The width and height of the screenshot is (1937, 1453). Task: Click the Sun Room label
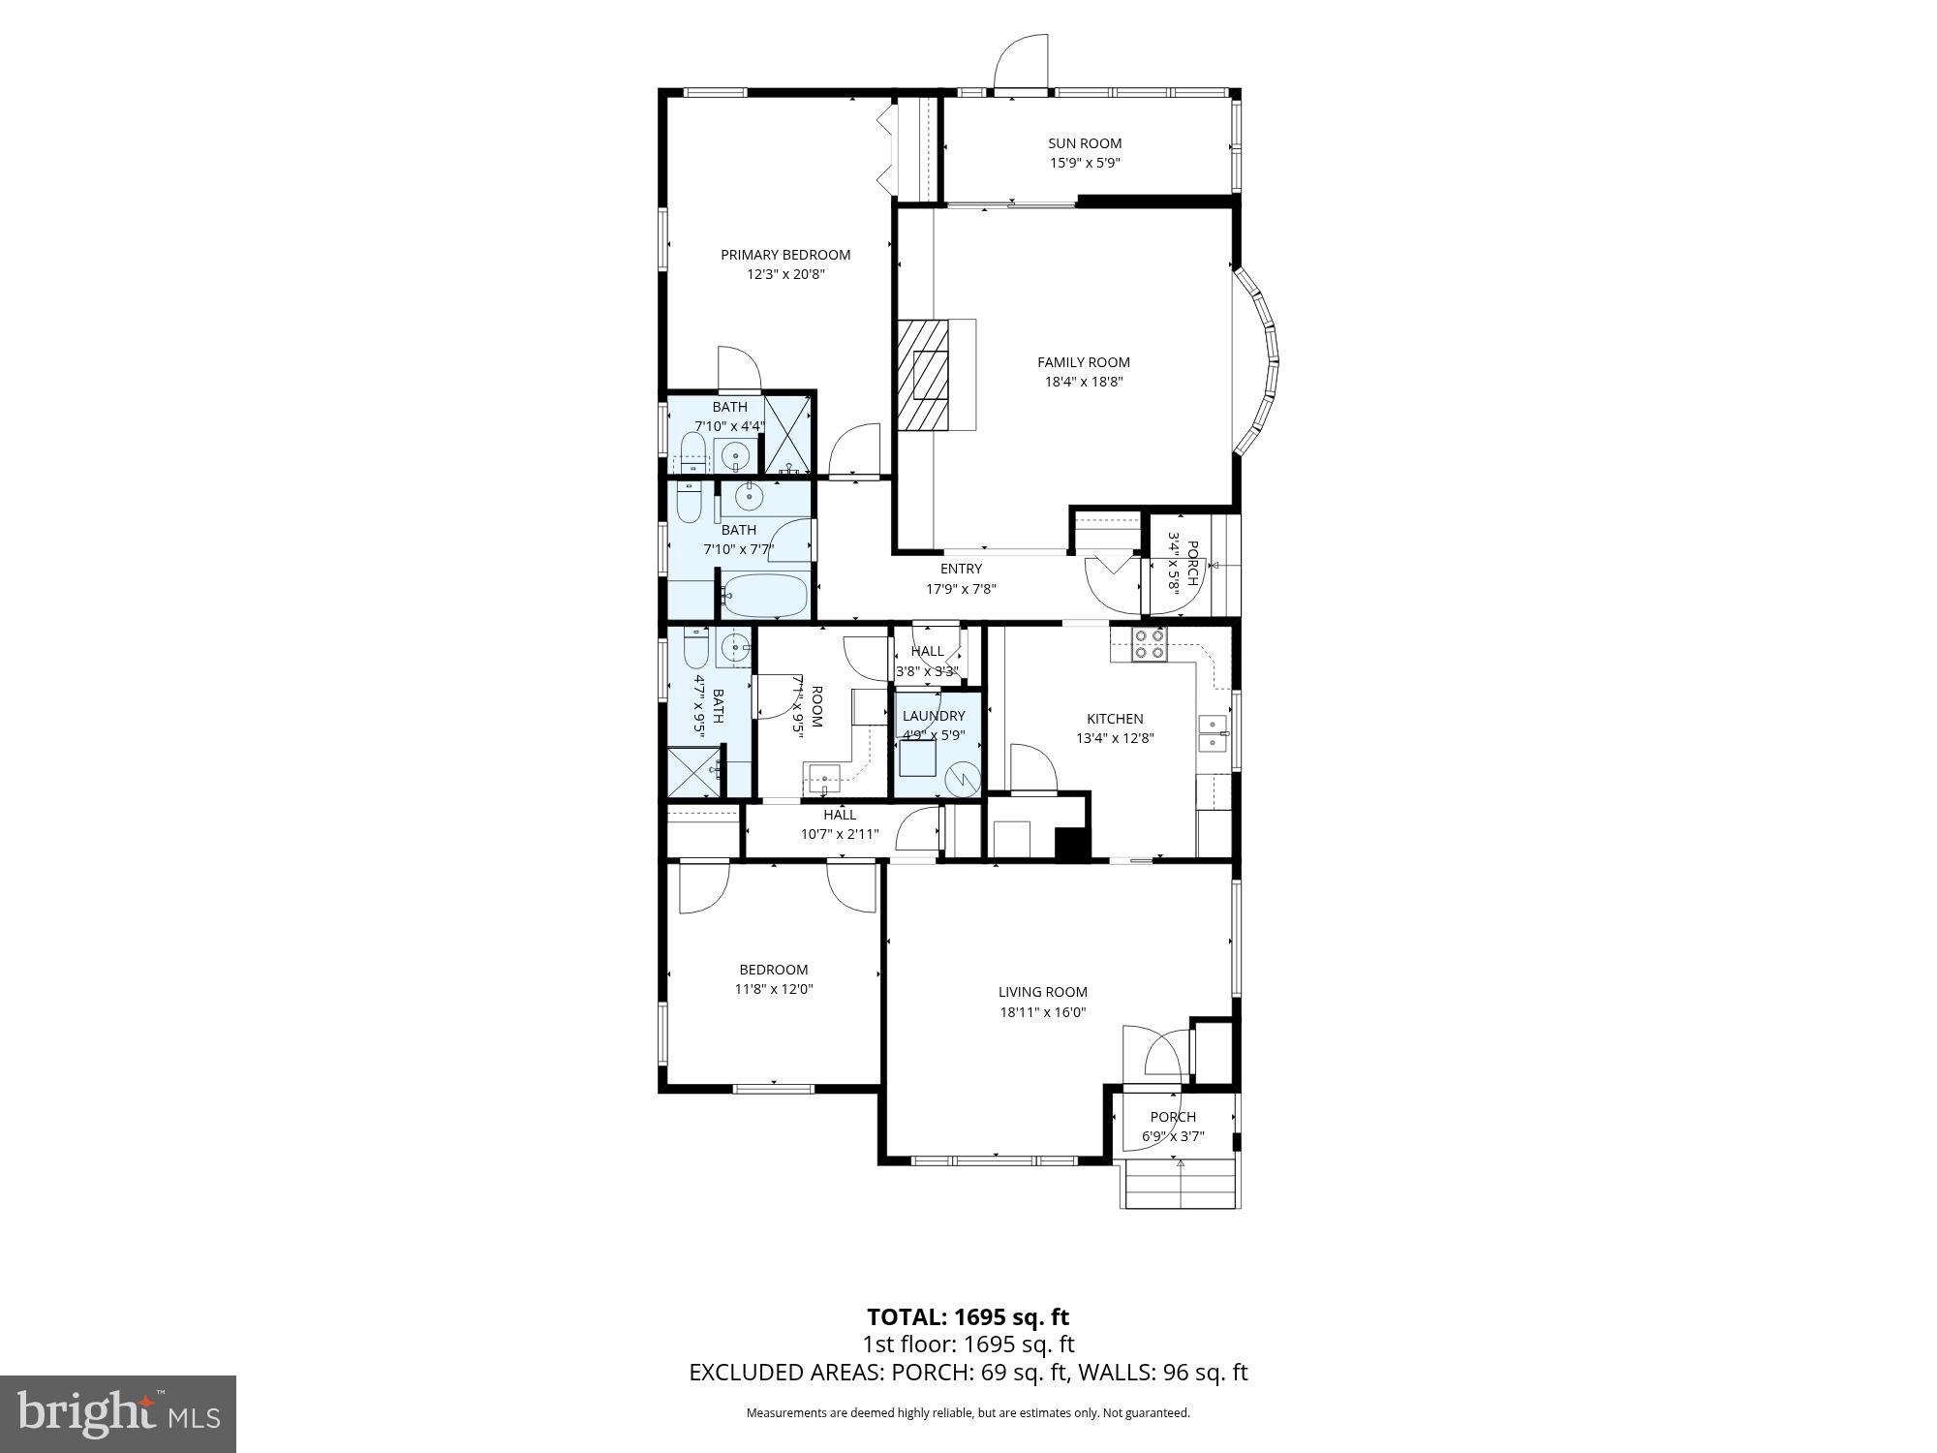pos(1085,143)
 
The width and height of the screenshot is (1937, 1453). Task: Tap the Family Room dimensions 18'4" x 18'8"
pos(1083,382)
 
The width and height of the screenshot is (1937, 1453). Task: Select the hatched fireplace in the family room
pos(923,374)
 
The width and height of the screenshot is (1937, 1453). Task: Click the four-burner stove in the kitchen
pos(1150,644)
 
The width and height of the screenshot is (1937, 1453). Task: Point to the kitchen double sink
pos(1213,733)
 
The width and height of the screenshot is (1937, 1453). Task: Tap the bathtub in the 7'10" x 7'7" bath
pos(765,596)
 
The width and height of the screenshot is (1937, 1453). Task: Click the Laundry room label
pos(934,716)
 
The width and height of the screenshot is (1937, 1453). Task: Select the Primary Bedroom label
pos(785,255)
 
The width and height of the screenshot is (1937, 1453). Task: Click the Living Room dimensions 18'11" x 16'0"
pos(1043,1012)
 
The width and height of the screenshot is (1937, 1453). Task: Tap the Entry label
pos(961,569)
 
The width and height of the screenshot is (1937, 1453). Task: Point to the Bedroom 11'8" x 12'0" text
pos(774,989)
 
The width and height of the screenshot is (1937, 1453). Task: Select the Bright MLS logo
pos(118,1414)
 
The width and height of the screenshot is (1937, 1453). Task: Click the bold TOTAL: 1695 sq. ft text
pos(968,1317)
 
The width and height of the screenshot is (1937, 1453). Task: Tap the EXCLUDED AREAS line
pos(968,1373)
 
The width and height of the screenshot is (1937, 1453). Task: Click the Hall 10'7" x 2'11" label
pos(840,823)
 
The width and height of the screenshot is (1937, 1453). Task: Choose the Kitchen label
pos(1115,719)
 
